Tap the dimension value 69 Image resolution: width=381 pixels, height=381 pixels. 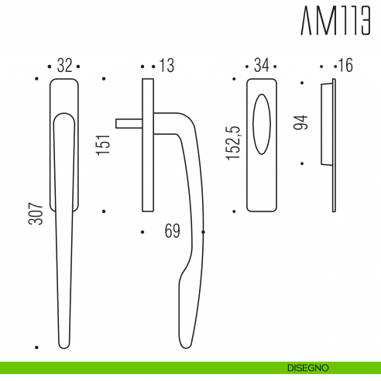173,231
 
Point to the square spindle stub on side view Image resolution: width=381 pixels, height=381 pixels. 128,122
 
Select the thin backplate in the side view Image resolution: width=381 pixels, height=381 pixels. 147,144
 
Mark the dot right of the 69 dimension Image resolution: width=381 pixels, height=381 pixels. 204,231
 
